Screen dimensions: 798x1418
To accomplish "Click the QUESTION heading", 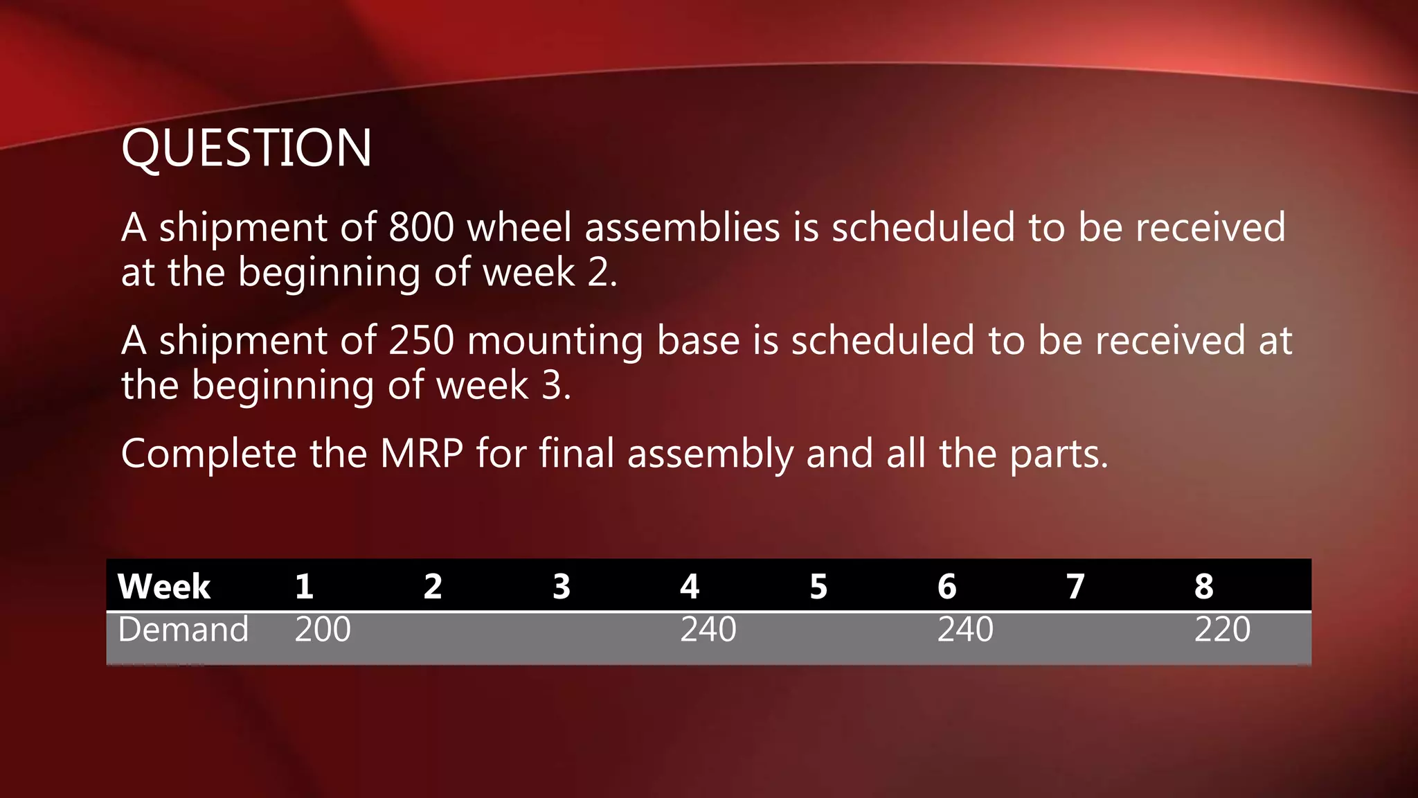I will pos(246,148).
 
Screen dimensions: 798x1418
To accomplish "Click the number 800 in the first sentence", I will pos(421,227).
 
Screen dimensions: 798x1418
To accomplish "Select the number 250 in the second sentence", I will pos(421,341).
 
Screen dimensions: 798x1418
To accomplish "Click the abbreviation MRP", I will pos(422,454).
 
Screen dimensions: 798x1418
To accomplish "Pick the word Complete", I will pos(209,454).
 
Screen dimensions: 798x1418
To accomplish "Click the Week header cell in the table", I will pos(164,587).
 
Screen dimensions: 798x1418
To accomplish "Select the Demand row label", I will pos(183,630).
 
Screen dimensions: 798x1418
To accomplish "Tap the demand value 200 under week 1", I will pos(323,630).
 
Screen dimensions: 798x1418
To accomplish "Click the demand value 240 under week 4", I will pos(708,630).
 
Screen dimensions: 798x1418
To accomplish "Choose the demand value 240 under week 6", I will pos(965,630).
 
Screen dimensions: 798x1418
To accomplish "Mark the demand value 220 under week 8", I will pos(1222,630).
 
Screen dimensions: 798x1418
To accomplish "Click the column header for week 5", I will pos(818,587).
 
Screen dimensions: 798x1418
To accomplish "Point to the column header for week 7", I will pos(1075,587).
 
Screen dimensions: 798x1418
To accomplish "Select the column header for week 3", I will pos(562,587).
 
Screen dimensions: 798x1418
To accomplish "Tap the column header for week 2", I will pos(433,587).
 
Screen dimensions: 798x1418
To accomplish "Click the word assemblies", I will pos(682,227).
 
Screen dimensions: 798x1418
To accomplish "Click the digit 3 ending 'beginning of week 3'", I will pos(552,385).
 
